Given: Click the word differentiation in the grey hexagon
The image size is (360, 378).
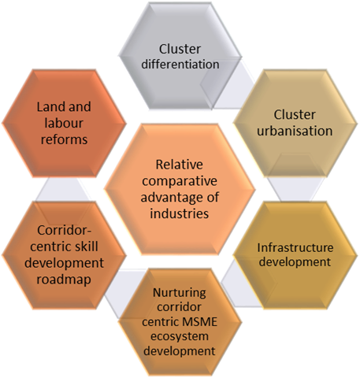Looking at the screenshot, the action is pyautogui.click(x=180, y=65).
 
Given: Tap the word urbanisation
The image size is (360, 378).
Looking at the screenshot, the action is pyautogui.click(x=295, y=131).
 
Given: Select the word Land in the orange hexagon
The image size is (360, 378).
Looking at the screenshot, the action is pyautogui.click(x=50, y=107).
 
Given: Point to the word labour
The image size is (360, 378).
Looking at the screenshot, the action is pyautogui.click(x=64, y=123).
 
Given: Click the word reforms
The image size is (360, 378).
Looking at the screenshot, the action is pyautogui.click(x=64, y=139).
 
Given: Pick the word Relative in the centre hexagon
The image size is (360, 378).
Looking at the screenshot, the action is pyautogui.click(x=180, y=165).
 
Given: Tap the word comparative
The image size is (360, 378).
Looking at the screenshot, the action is pyautogui.click(x=180, y=182).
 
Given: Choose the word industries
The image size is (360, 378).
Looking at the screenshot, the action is pyautogui.click(x=180, y=213).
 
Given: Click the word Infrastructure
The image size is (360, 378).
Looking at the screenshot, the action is pyautogui.click(x=295, y=247).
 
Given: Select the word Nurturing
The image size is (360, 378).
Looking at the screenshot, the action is pyautogui.click(x=180, y=293).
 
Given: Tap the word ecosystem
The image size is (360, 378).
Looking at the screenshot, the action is pyautogui.click(x=180, y=336).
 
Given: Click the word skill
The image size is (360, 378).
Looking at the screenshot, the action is pyautogui.click(x=86, y=246).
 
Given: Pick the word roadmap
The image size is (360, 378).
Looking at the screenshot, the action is pyautogui.click(x=64, y=280).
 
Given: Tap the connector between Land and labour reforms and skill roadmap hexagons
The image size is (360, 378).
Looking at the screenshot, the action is pyautogui.click(x=64, y=189).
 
